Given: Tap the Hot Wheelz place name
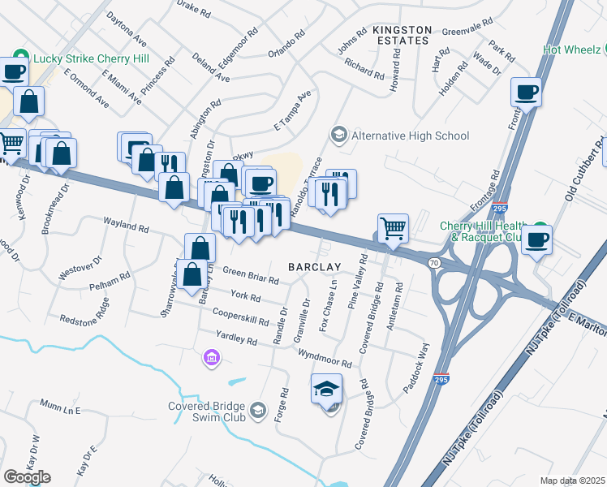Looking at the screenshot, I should point(572,48).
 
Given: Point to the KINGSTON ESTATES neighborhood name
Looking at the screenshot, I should point(401,34).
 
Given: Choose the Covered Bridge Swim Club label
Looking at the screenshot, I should point(208,412).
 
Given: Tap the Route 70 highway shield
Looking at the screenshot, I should point(434,263).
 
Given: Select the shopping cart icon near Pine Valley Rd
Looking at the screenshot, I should point(393,228).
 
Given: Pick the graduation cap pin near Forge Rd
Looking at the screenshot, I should point(326,390).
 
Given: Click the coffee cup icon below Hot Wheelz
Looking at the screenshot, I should point(526,92).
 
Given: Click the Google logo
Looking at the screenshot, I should point(27,476).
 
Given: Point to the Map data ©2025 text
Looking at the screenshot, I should point(572,481).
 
